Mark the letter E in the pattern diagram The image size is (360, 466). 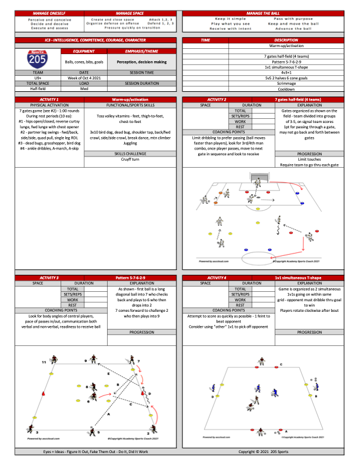point(108,374)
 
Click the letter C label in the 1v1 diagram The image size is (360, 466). point(281,365)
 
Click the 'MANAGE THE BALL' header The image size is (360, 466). point(269,12)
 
